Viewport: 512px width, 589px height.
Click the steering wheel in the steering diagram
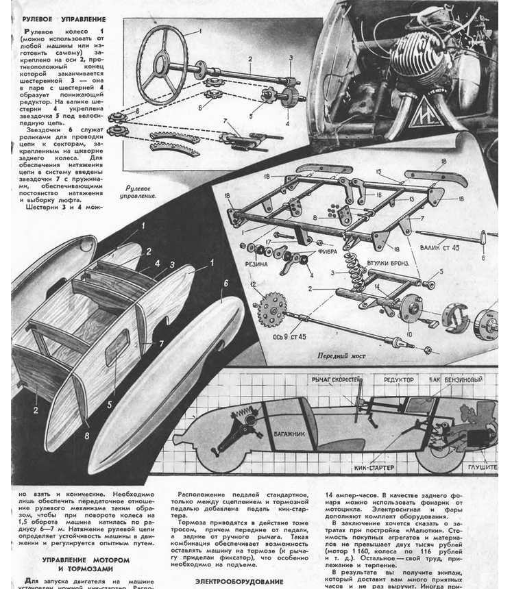coord(162,63)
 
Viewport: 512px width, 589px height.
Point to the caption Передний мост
coord(341,356)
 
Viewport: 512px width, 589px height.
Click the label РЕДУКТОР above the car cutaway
coord(399,379)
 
